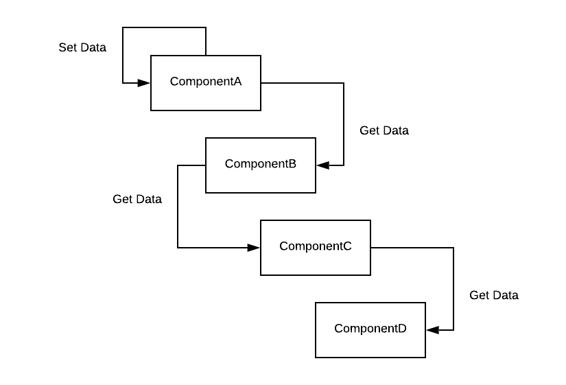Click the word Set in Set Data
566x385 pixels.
click(x=68, y=48)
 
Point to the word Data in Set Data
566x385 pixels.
click(x=93, y=48)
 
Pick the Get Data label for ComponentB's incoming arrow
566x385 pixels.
click(x=384, y=130)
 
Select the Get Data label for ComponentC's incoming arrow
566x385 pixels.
click(x=137, y=199)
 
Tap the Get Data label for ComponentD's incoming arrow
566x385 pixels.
click(x=493, y=295)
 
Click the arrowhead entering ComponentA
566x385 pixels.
click(x=144, y=83)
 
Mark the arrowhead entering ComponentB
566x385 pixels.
click(x=322, y=165)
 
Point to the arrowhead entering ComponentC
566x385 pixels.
click(x=254, y=248)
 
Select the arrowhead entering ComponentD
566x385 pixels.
click(x=432, y=330)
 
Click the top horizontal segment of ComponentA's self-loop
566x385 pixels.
click(x=164, y=27)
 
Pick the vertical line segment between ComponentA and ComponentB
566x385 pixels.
click(x=343, y=124)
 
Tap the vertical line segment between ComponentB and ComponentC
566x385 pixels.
click(x=178, y=206)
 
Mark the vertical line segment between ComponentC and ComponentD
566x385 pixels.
click(x=453, y=288)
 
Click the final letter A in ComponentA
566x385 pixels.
click(x=237, y=82)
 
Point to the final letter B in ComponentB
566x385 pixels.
click(x=292, y=164)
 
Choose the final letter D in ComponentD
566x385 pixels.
click(x=402, y=329)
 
